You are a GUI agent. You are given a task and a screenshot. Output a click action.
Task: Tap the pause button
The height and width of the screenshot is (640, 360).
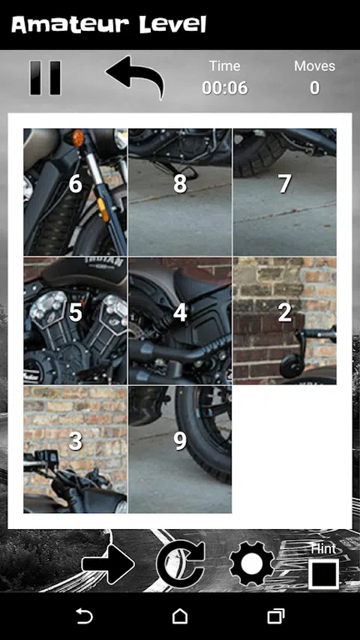tap(45, 78)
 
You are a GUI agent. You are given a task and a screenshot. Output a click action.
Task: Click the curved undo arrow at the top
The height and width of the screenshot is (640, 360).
tap(136, 76)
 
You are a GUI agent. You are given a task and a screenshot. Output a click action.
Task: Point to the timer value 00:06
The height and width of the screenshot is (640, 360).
tap(225, 88)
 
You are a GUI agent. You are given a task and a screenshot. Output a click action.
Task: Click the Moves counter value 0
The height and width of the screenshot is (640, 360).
tap(314, 88)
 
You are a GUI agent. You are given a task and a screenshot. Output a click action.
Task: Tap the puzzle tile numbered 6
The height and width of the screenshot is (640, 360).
tap(76, 192)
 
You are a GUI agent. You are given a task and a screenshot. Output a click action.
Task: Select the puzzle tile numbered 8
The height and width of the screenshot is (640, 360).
tap(180, 192)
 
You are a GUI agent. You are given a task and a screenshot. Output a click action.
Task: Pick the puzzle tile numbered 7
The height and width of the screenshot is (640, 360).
tap(285, 192)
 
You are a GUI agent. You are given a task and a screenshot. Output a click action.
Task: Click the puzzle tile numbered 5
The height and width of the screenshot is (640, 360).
tap(76, 321)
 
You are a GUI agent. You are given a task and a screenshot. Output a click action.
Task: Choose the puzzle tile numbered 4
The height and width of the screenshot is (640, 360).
tap(180, 321)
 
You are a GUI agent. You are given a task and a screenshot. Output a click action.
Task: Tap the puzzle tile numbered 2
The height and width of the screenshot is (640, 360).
tap(285, 321)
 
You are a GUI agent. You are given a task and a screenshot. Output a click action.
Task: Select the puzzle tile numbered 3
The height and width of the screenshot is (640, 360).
tap(76, 449)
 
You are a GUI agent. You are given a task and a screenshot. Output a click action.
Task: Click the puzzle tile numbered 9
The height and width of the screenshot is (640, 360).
tap(180, 449)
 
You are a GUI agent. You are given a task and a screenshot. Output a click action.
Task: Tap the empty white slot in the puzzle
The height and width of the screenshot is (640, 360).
tap(285, 449)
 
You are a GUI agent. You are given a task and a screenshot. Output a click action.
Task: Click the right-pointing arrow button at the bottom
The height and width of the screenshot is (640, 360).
tap(108, 564)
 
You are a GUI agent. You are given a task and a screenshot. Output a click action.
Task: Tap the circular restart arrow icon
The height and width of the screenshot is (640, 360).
tap(181, 564)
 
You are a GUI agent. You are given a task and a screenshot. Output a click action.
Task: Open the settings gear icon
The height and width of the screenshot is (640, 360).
tap(252, 564)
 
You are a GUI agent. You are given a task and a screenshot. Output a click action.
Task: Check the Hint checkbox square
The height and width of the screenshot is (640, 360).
tap(324, 574)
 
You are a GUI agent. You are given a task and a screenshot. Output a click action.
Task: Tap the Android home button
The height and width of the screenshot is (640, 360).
tap(180, 616)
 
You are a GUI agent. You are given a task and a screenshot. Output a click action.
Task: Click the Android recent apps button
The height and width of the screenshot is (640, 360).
tap(276, 616)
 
